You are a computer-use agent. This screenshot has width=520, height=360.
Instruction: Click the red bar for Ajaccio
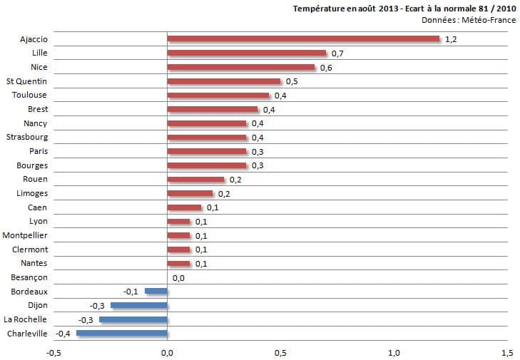(303, 38)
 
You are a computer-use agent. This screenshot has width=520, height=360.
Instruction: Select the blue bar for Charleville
(122, 333)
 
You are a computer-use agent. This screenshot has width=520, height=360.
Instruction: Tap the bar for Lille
(246, 53)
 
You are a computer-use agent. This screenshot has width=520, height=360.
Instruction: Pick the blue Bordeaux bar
(156, 291)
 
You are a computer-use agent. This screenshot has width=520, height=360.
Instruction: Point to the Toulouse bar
(218, 95)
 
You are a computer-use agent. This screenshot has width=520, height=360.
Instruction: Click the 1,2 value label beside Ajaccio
(450, 39)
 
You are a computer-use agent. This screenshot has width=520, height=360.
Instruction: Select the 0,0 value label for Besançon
(178, 278)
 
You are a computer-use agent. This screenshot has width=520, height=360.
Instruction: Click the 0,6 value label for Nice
(325, 68)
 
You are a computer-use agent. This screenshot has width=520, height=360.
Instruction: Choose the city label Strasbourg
(26, 137)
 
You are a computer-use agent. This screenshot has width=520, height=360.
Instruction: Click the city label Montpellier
(25, 235)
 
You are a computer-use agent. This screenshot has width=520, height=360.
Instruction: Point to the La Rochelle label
(26, 319)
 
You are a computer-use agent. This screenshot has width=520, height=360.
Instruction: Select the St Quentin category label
(26, 81)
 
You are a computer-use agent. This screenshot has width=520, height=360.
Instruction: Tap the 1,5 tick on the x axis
(506, 351)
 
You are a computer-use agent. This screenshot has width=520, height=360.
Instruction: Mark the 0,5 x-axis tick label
(280, 351)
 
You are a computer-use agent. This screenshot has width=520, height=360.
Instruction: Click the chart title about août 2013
(404, 9)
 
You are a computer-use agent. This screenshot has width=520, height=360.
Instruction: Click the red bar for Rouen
(195, 179)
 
